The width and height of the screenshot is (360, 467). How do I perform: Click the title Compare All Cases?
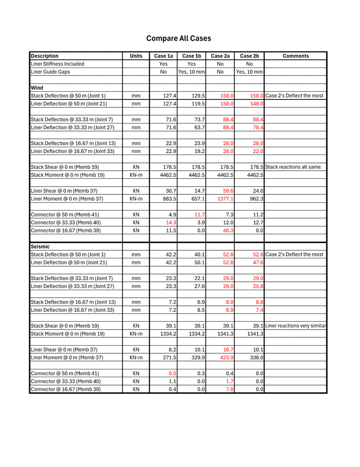pyautogui.click(x=178, y=38)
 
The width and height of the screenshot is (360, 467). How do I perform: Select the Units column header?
pyautogui.click(x=136, y=56)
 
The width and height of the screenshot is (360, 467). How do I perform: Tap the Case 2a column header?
pyautogui.click(x=220, y=56)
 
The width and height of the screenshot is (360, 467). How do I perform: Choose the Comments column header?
pyautogui.click(x=295, y=56)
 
